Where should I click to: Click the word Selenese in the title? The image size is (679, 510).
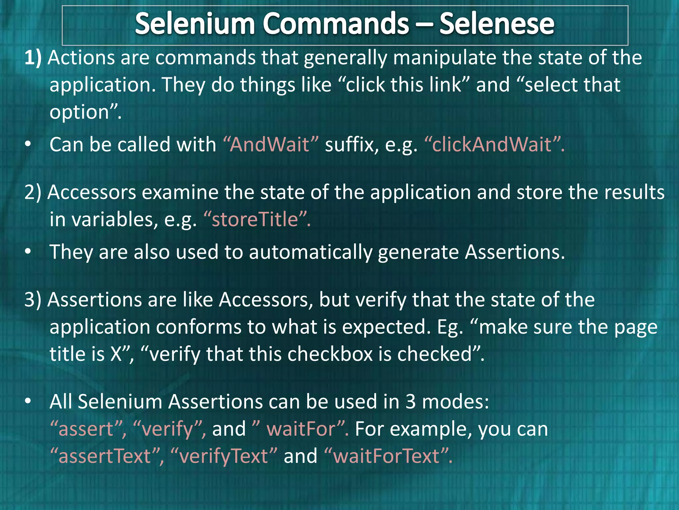pos(496,24)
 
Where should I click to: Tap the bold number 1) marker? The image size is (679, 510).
pos(33,58)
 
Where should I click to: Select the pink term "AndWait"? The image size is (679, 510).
pos(271,145)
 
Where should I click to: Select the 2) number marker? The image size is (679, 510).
pos(33,193)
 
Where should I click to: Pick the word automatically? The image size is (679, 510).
pos(310,252)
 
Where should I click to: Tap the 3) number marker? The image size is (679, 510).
pos(33,300)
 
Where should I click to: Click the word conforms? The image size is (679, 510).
pos(199,327)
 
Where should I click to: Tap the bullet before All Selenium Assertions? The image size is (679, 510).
pos(28,402)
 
